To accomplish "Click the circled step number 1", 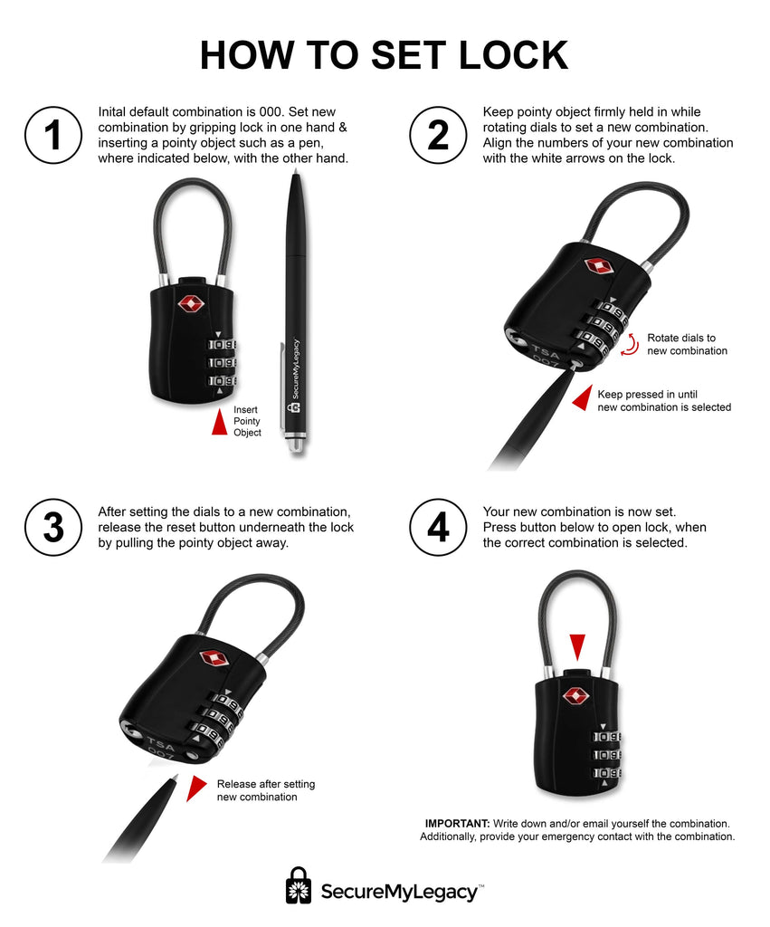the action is tap(53, 135).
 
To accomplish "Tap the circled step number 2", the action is tap(438, 135).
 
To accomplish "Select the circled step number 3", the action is tap(53, 528).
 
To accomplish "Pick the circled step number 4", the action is tap(438, 528).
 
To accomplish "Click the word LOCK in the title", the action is tap(513, 55).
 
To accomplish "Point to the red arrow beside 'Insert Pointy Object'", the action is tap(220, 422).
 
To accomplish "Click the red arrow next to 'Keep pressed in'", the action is tap(583, 398).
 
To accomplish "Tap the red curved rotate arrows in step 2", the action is tap(630, 345).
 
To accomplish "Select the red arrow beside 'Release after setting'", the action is tap(195, 788).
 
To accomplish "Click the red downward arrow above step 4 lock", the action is tap(577, 647).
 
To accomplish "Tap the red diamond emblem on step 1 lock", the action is tap(191, 304).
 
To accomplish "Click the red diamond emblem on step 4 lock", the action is tap(575, 696).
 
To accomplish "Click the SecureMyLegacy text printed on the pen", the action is tap(296, 369).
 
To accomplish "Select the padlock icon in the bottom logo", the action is tap(299, 885).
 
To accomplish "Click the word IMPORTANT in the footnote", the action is tap(458, 824).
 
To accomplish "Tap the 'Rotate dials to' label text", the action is tap(681, 339).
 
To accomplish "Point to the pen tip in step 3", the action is tap(175, 779).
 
